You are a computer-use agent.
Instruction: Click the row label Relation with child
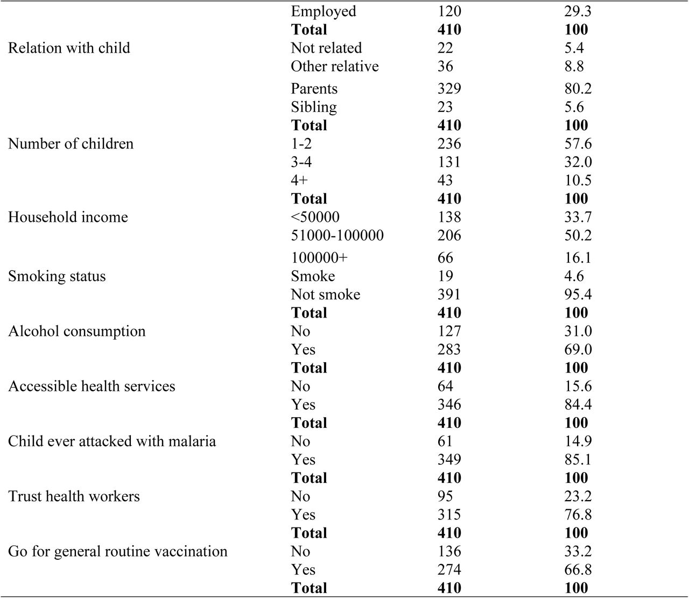[69, 48]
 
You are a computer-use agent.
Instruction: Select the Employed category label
[324, 11]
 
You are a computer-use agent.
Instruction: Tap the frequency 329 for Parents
[449, 89]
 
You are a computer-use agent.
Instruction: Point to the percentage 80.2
[578, 89]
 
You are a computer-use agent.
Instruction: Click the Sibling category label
[313, 108]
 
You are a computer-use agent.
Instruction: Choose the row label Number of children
[71, 144]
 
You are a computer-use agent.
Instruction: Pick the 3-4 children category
[301, 163]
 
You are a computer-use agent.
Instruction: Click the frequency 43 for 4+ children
[445, 180]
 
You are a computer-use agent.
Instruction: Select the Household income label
[68, 217]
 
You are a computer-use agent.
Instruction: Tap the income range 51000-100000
[337, 235]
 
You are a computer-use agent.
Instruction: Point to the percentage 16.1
[578, 258]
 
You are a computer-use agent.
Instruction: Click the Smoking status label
[57, 277]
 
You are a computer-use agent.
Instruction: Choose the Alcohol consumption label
[77, 332]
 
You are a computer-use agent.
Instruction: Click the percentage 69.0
[578, 349]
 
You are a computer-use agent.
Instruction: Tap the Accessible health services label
[92, 386]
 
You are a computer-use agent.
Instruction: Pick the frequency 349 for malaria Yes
[449, 460]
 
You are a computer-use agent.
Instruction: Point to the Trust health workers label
[74, 497]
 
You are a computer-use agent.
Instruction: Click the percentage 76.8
[578, 515]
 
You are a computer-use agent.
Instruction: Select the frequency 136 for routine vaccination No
[449, 552]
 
